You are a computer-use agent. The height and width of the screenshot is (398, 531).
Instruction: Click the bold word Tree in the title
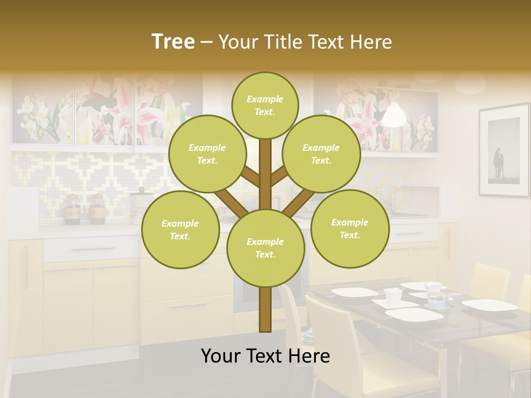173,42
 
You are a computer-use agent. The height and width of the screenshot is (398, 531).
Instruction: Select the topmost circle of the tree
265,105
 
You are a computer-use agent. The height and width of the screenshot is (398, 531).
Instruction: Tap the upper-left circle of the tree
207,154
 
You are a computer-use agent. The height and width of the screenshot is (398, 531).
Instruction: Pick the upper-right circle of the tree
321,154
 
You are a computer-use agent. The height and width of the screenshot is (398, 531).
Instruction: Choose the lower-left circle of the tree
180,229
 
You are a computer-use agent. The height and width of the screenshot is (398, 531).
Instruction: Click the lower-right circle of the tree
350,228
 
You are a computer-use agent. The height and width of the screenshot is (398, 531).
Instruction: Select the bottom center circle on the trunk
265,248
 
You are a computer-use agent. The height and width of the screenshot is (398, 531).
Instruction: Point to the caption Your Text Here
265,356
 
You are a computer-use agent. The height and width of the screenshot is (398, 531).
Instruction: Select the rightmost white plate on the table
489,305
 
